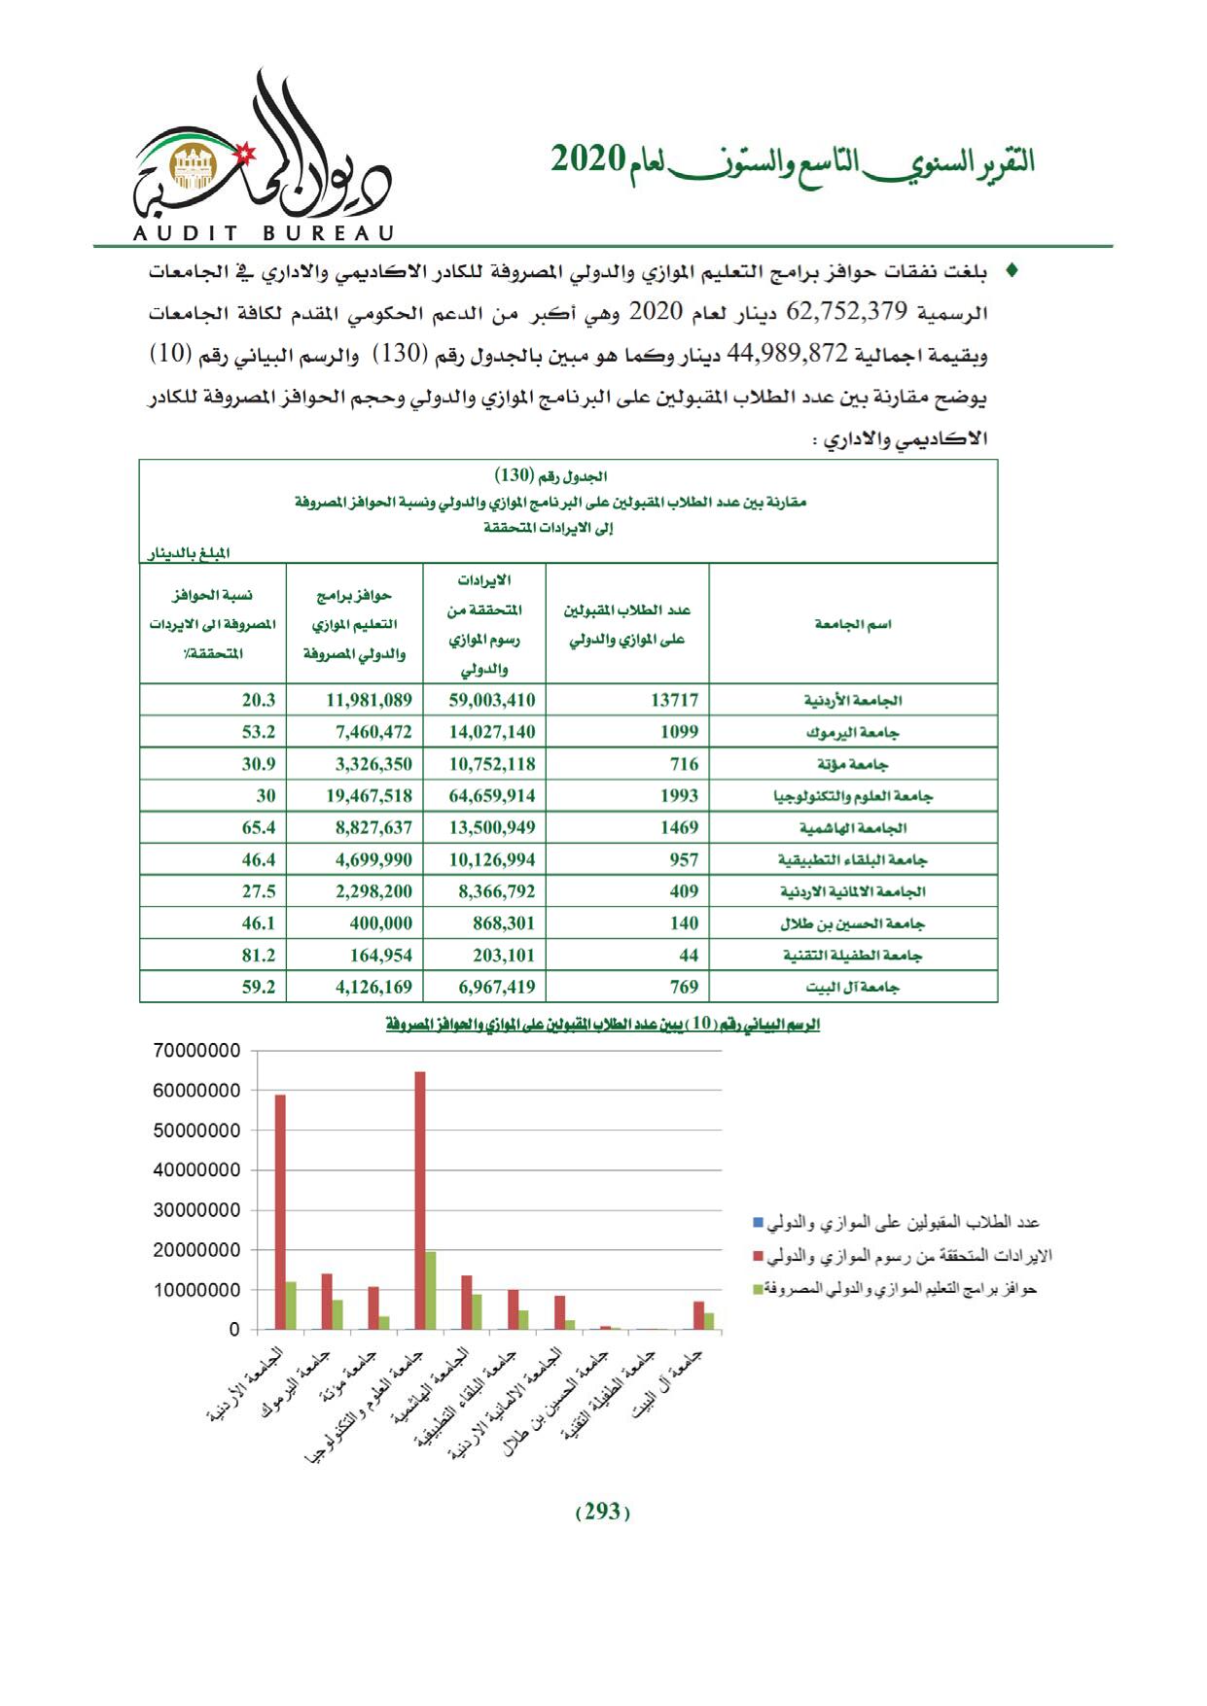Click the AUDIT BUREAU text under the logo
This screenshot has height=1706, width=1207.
click(260, 233)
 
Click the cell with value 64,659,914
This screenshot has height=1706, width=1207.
click(492, 795)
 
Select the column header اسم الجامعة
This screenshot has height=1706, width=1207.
click(853, 624)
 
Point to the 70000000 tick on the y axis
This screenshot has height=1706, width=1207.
click(196, 1051)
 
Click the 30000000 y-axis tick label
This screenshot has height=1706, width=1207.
click(196, 1210)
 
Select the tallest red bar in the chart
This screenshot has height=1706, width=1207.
click(420, 1200)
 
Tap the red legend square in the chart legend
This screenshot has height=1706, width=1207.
click(759, 1256)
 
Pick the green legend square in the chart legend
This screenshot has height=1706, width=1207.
click(759, 1289)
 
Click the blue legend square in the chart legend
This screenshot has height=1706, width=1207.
click(759, 1222)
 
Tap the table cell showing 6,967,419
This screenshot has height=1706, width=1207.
click(492, 987)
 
